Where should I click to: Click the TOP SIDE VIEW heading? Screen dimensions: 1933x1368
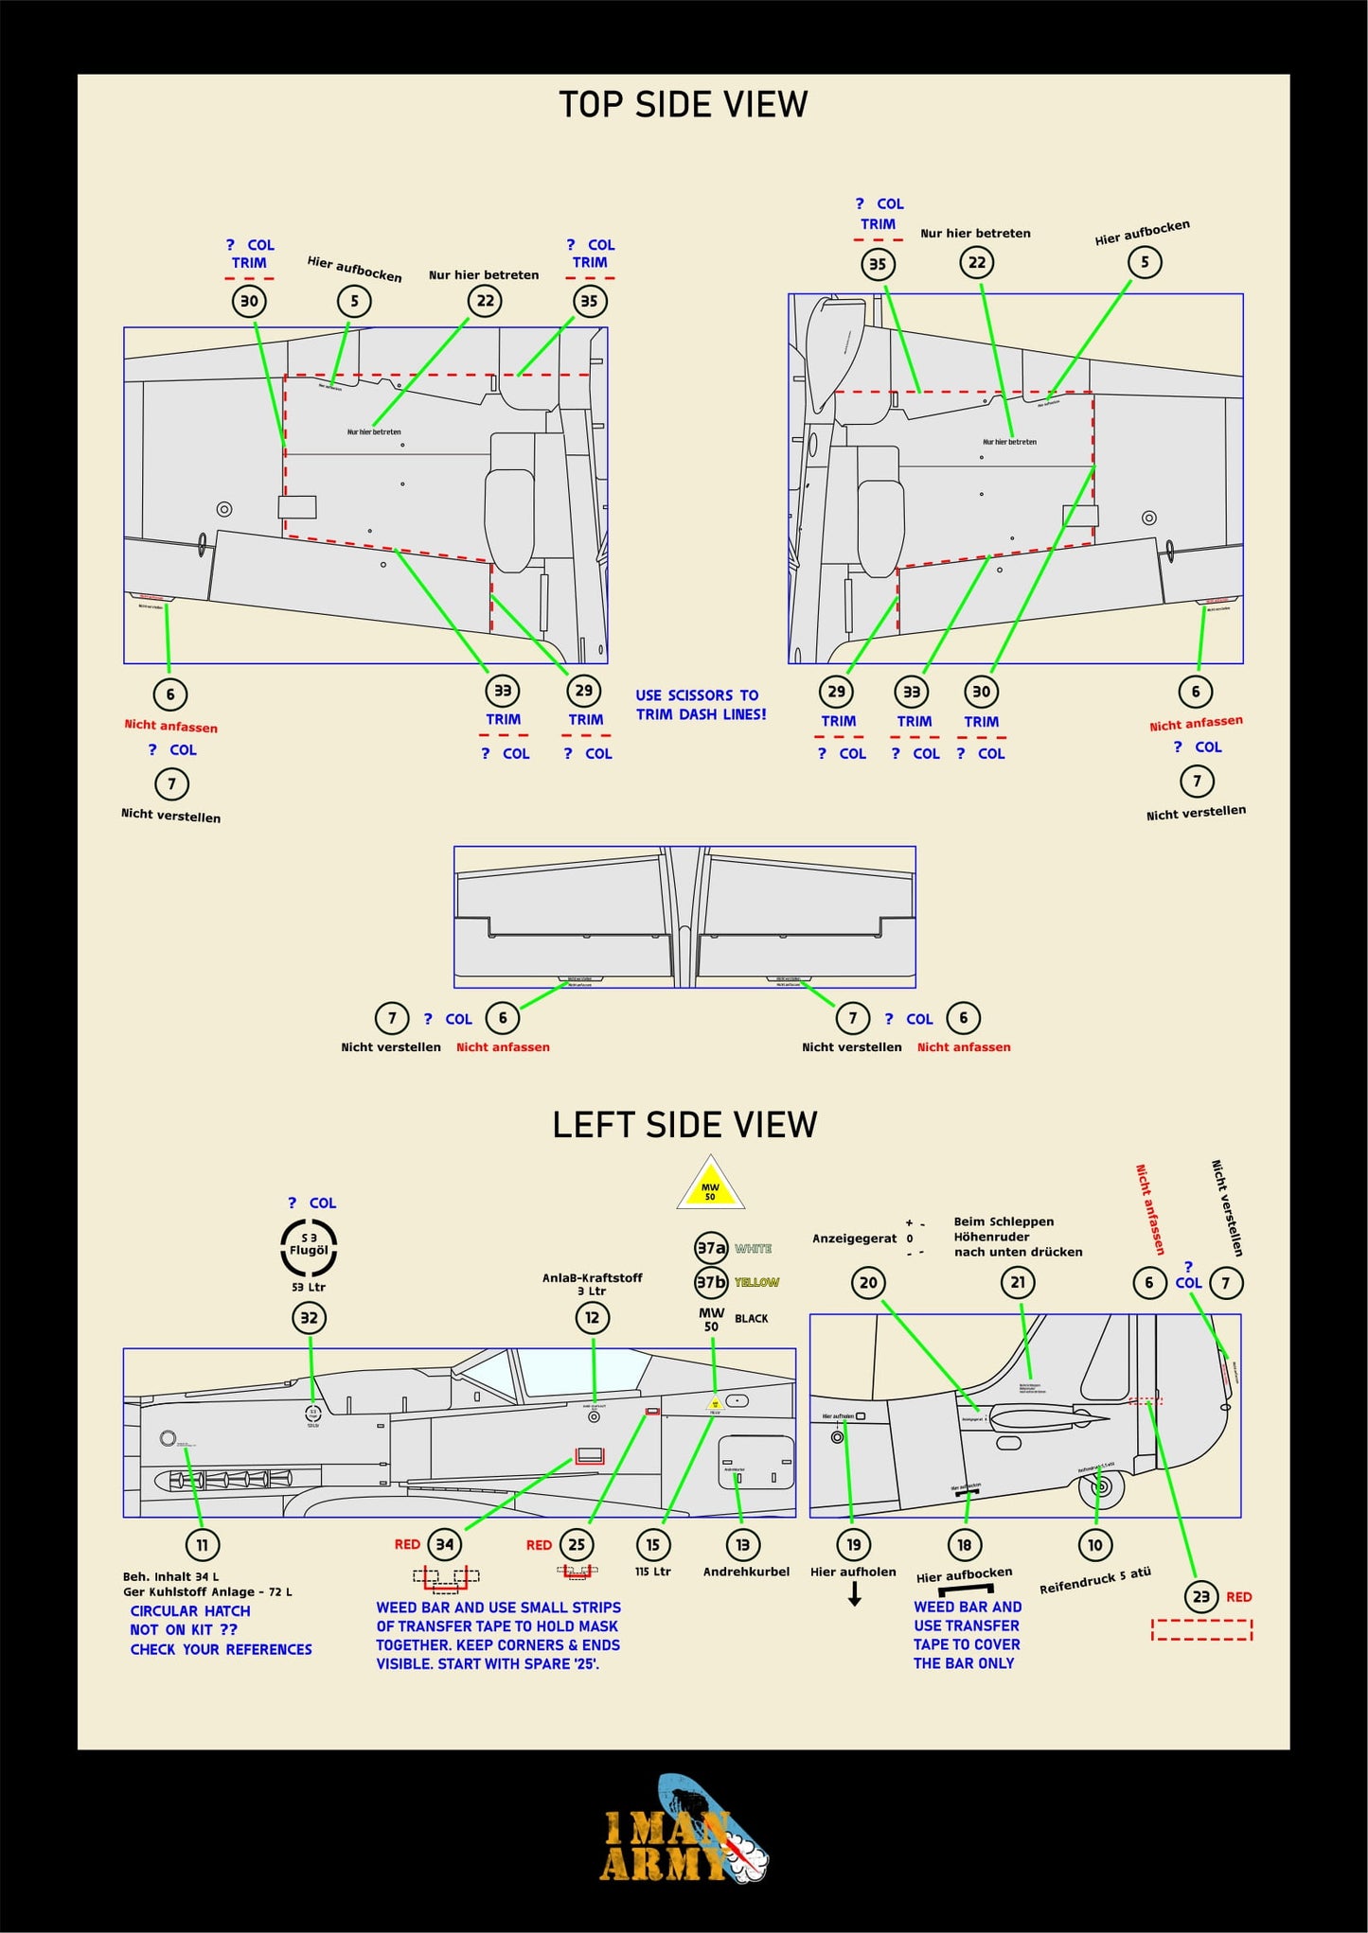coord(683,104)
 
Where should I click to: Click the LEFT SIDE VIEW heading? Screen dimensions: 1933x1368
coord(684,1125)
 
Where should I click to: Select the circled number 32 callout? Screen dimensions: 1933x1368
coord(309,1318)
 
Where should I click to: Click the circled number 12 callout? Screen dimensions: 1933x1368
coord(593,1318)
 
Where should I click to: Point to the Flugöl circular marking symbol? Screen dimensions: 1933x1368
coord(309,1248)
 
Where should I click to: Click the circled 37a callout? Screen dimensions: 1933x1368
coord(711,1248)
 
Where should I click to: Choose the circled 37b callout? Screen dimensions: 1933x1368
coord(711,1283)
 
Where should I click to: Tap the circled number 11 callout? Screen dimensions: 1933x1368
coord(202,1545)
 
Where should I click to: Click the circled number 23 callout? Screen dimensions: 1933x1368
coord(1200,1597)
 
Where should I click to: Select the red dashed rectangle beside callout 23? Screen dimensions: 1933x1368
coord(1201,1629)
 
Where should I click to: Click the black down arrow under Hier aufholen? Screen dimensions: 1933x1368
coord(854,1595)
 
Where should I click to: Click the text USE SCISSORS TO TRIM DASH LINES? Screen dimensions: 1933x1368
coord(701,705)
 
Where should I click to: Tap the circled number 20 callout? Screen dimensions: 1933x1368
coord(868,1283)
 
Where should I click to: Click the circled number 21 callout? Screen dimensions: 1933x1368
coord(1018,1283)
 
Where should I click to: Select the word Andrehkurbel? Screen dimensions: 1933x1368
coord(746,1572)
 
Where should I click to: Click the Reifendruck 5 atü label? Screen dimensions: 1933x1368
coord(1095,1580)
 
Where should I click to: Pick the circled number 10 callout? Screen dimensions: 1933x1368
coord(1095,1545)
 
